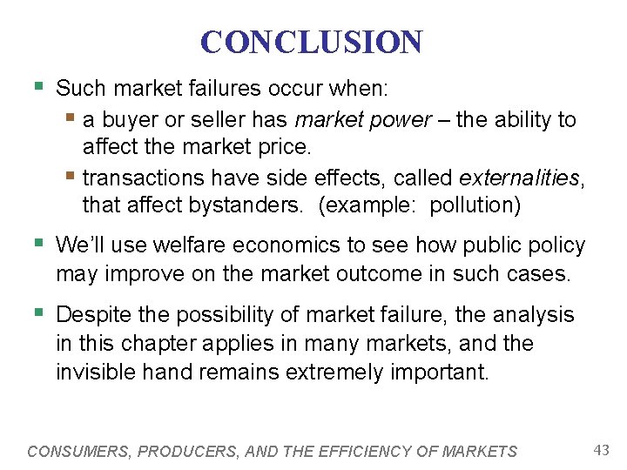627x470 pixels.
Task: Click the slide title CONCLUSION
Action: tap(311, 42)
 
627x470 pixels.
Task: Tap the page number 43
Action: tap(600, 449)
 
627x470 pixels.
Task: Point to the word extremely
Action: tap(338, 372)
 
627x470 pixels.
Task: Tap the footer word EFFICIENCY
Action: tap(372, 451)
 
